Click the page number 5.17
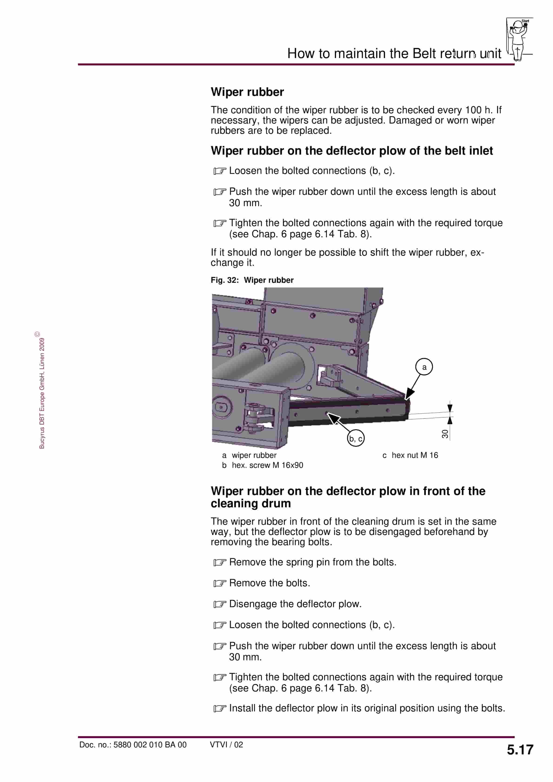(x=520, y=750)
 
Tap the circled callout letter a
(x=424, y=367)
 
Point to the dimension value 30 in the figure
(x=444, y=433)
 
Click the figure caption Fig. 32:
(x=224, y=280)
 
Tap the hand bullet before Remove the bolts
(x=220, y=583)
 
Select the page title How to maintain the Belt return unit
(x=394, y=53)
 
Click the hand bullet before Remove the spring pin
(x=220, y=562)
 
